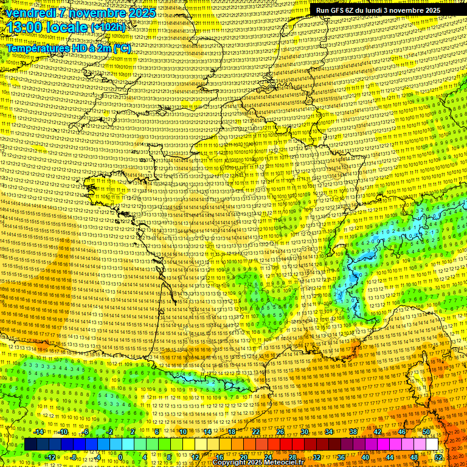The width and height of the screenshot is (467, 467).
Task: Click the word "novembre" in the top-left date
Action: (89, 13)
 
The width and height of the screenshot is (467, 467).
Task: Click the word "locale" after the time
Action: (69, 29)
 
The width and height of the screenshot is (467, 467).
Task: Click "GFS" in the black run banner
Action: (341, 10)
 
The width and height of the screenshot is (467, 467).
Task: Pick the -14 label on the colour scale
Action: (39, 432)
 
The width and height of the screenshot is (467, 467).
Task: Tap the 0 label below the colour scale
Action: (120, 457)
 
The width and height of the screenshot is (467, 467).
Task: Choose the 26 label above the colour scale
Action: (280, 432)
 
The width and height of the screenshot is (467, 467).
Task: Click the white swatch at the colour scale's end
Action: (432, 445)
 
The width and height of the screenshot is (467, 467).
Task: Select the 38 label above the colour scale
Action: (353, 432)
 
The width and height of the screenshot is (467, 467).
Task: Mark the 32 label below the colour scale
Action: (317, 457)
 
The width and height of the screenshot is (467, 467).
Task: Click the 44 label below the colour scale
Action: (390, 457)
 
